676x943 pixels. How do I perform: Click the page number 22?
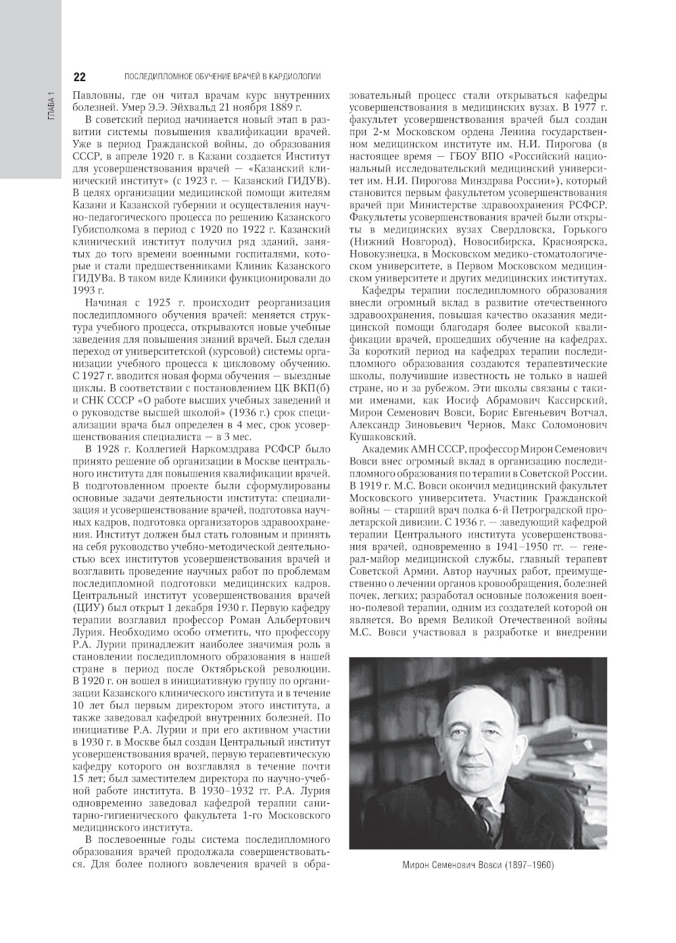pos(78,76)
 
